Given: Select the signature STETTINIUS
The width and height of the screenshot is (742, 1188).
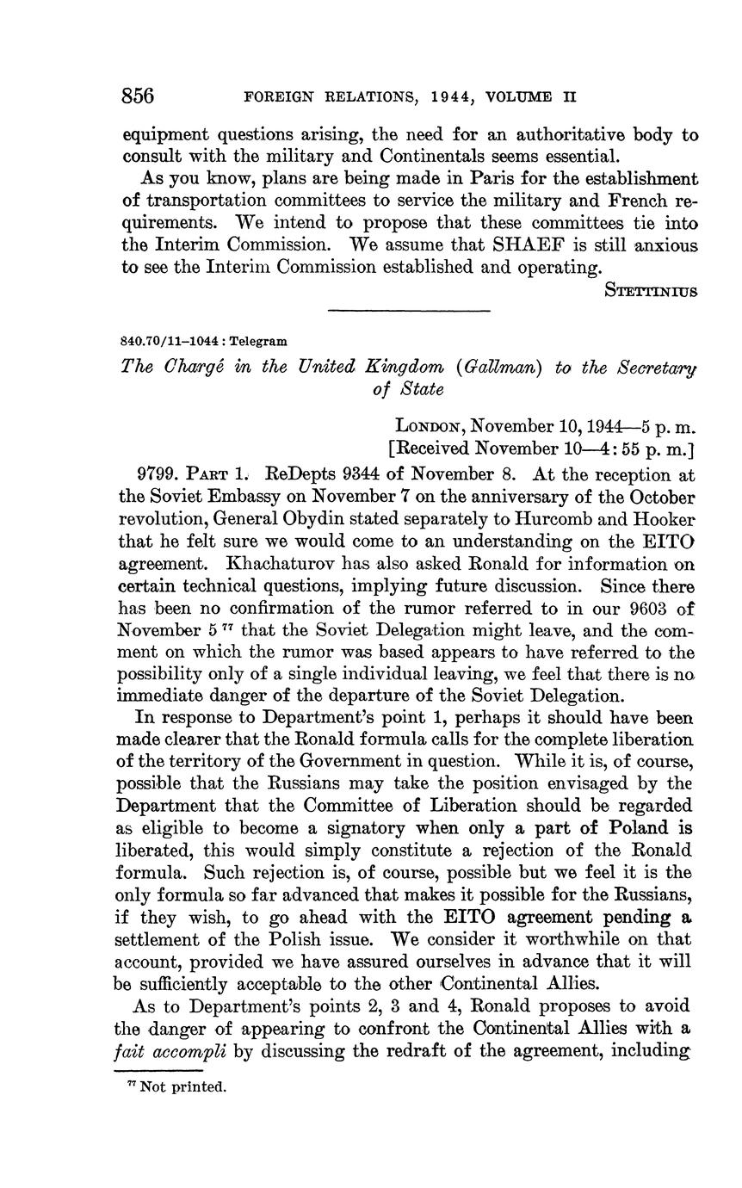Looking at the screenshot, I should (651, 289).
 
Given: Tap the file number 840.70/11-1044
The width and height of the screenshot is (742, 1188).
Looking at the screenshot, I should (169, 342).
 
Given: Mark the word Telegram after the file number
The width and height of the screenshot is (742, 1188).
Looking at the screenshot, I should (257, 342).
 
